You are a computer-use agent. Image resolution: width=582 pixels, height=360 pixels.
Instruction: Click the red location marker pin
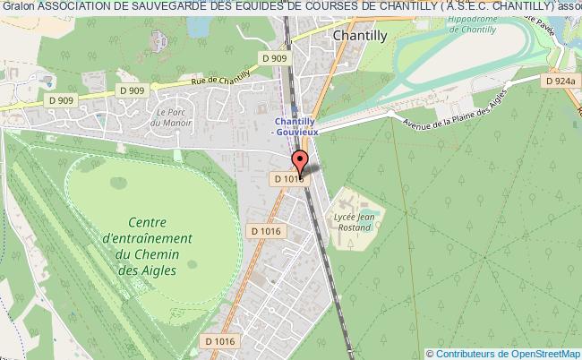[299, 164]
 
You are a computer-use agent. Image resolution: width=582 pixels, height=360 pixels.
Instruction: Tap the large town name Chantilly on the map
[358, 37]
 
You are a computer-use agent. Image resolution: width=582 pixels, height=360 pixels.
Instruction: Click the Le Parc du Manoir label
[168, 116]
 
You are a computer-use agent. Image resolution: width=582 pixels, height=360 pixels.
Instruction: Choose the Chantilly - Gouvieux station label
[297, 127]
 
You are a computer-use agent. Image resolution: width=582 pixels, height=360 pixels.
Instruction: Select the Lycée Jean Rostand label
[355, 222]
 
